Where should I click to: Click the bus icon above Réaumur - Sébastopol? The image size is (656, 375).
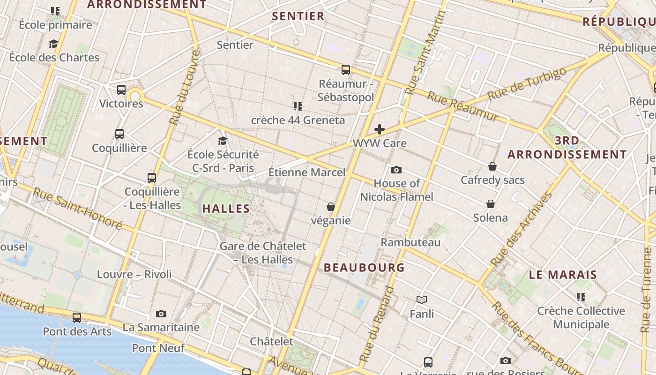point(346,70)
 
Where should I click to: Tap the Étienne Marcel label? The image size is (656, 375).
point(307,172)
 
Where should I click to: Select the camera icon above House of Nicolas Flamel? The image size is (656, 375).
point(396,170)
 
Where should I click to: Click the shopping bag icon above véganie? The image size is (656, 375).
point(331,207)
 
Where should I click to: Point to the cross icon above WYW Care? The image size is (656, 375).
point(380,129)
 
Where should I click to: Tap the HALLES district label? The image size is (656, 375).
point(226,209)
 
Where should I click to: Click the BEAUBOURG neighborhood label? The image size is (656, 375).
point(364,268)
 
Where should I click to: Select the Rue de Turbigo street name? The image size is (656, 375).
point(527,84)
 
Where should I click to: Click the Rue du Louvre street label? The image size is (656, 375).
point(184,88)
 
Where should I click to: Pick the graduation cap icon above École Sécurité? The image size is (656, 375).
point(223,141)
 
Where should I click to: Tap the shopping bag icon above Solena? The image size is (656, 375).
point(491,204)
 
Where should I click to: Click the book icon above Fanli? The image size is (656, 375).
point(422,300)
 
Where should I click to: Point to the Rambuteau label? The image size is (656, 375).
point(410,242)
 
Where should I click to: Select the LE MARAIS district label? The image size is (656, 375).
point(563,275)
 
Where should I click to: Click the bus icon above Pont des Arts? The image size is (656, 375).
point(77,318)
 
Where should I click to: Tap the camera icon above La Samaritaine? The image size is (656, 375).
point(161,314)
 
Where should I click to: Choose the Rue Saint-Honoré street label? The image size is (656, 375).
point(77,209)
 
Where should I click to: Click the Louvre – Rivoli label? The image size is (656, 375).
point(134,274)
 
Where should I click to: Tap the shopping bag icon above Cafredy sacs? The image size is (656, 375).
point(492,166)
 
